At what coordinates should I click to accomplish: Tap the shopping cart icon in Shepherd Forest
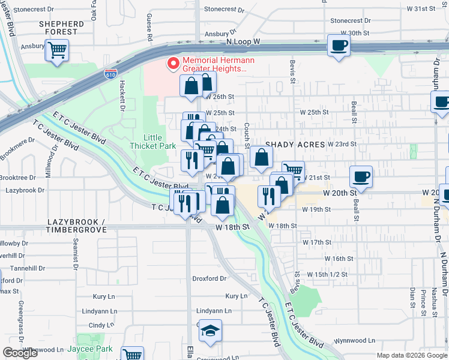click(x=58, y=50)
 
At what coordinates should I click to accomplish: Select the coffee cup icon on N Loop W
click(x=339, y=46)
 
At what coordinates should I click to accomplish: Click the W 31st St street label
click(x=424, y=9)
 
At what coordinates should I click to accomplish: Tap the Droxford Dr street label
click(x=209, y=278)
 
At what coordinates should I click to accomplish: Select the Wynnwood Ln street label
click(x=354, y=340)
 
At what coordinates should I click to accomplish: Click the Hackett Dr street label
click(x=121, y=97)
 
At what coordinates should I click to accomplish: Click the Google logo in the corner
click(x=20, y=353)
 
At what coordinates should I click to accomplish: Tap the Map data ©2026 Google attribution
click(x=412, y=355)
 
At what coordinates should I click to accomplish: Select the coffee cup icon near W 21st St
click(x=361, y=177)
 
